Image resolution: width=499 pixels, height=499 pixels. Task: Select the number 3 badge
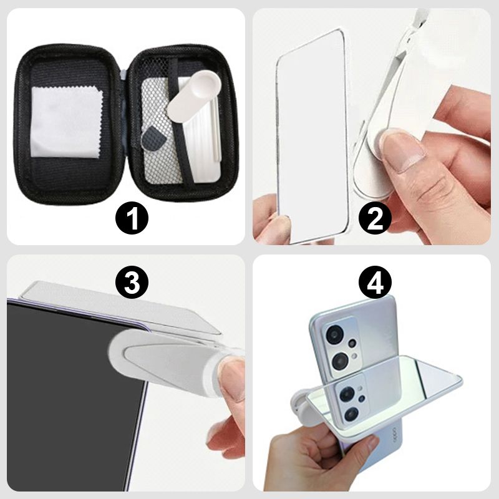(132, 283)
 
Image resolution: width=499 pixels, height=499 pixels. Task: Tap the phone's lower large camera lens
(341, 361)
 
